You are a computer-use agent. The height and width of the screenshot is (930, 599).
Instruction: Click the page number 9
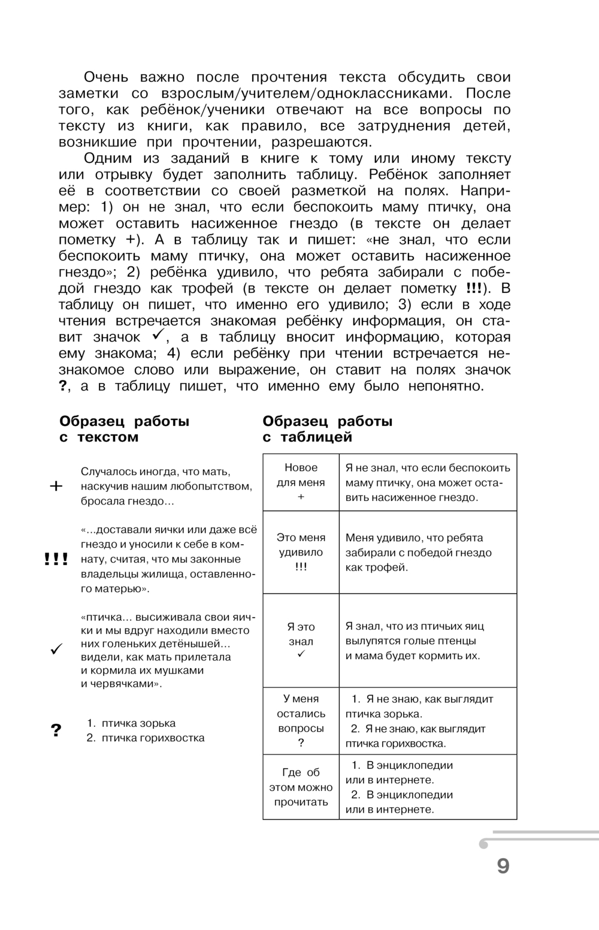(x=503, y=866)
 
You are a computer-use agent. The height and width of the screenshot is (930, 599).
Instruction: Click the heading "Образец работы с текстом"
(x=124, y=429)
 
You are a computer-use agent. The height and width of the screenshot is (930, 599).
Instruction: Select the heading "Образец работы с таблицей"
(x=327, y=429)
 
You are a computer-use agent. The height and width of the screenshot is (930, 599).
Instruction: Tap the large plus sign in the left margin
(x=56, y=486)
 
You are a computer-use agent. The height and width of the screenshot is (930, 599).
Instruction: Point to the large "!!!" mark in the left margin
(x=56, y=560)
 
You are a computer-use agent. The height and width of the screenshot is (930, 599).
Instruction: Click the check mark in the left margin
(x=56, y=649)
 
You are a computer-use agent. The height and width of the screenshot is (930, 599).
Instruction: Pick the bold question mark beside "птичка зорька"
(x=56, y=730)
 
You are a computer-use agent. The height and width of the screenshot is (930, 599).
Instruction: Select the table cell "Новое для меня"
(x=301, y=482)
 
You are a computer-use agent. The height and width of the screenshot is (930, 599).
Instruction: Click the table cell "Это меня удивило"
(x=301, y=552)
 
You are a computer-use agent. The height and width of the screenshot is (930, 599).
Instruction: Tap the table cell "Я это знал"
(x=301, y=641)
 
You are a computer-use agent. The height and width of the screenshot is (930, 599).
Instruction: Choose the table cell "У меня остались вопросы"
(x=301, y=721)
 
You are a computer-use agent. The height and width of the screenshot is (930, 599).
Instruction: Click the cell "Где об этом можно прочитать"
(x=301, y=787)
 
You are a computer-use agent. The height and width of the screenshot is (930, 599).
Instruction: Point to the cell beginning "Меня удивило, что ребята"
(x=428, y=552)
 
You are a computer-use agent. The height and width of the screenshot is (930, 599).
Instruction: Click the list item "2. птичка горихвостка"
(x=146, y=738)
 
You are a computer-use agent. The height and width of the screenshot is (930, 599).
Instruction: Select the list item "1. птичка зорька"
(x=131, y=723)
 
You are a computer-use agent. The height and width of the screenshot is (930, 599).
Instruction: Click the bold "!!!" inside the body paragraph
(x=474, y=288)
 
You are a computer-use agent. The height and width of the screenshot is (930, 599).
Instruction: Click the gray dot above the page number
(x=484, y=844)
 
